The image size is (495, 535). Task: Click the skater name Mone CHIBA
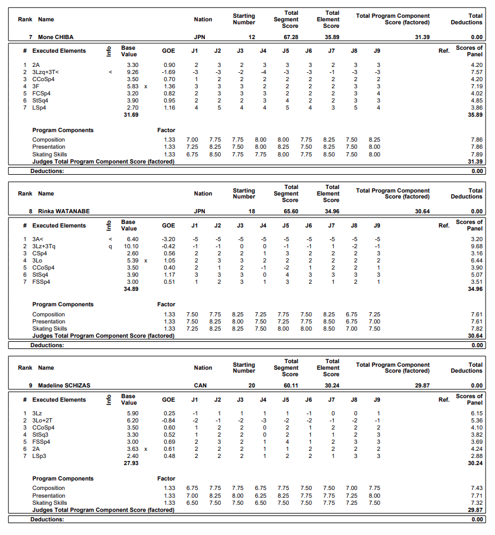point(56,37)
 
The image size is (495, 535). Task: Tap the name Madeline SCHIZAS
point(64,385)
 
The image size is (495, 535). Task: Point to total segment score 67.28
point(290,37)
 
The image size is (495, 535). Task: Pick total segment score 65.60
point(290,211)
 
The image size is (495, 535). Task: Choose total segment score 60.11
point(290,385)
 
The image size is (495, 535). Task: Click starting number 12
point(252,37)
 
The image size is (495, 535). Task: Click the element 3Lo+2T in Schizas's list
point(43,420)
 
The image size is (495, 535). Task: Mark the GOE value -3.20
point(168,239)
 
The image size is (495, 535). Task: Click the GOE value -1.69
point(168,72)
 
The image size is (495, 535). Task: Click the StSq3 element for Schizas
point(40,434)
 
